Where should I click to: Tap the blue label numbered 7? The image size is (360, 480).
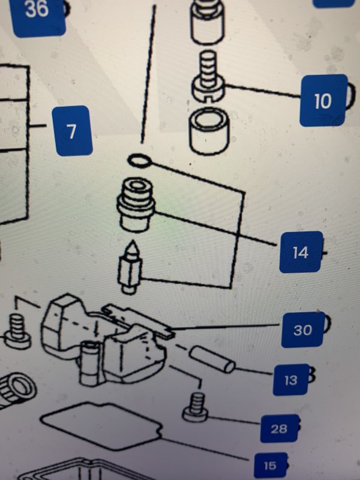click(72, 131)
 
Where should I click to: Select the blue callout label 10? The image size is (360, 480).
click(323, 100)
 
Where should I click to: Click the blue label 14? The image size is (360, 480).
click(301, 252)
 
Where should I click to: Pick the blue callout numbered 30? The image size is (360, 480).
click(302, 329)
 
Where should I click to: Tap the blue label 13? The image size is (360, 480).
click(291, 380)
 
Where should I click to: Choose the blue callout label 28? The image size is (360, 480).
click(279, 428)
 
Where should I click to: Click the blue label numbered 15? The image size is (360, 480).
click(271, 466)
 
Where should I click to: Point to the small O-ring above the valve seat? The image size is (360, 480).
click(140, 161)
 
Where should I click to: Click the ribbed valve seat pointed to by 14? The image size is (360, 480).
click(136, 205)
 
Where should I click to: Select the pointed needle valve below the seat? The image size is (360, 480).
click(130, 268)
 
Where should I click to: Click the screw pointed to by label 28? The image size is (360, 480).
click(196, 408)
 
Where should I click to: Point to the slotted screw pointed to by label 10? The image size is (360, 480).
click(208, 77)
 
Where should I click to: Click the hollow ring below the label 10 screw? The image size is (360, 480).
click(209, 130)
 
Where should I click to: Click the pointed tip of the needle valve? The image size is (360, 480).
click(132, 242)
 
